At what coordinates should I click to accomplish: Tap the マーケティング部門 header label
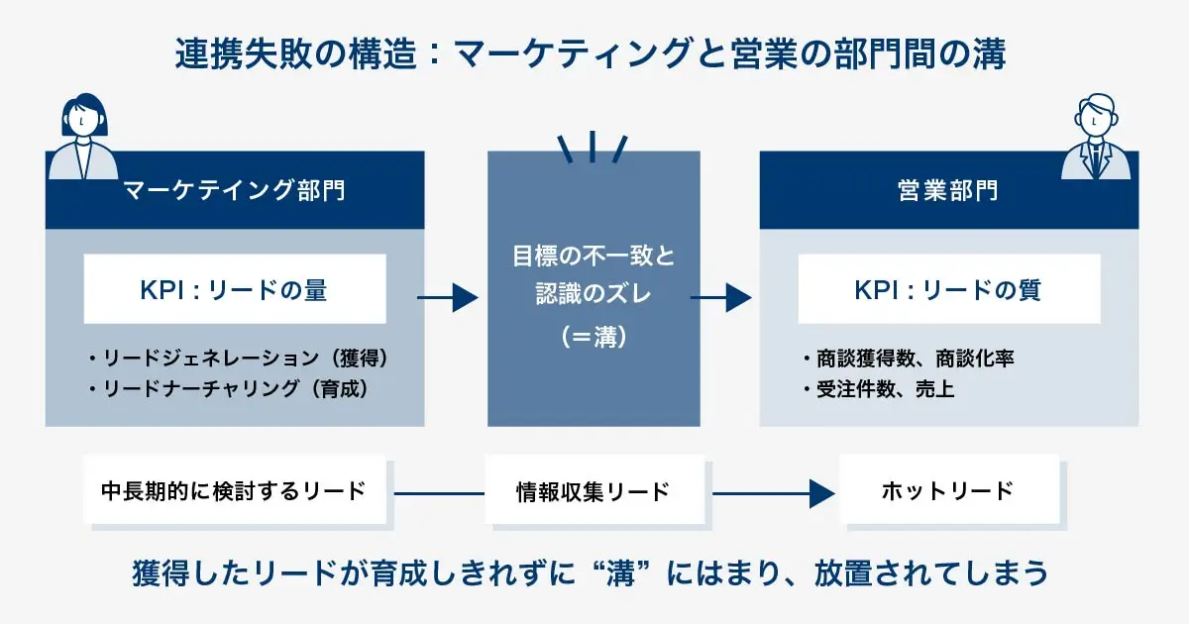click(x=235, y=190)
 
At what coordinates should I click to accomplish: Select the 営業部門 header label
click(x=948, y=190)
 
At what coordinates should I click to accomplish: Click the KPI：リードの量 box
click(x=235, y=289)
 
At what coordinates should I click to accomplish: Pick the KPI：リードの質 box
click(x=948, y=289)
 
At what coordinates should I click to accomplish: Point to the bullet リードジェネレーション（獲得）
click(x=238, y=359)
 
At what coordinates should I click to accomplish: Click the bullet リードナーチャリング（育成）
click(x=229, y=389)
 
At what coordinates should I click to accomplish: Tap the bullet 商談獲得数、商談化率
click(x=908, y=359)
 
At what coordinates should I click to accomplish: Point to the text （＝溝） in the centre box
click(x=594, y=337)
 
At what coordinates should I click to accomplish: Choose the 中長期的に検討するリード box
click(x=234, y=490)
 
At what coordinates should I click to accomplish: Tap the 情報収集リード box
click(x=594, y=490)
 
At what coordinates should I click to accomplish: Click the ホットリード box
click(x=948, y=490)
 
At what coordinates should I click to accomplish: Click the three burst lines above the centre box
click(x=593, y=146)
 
